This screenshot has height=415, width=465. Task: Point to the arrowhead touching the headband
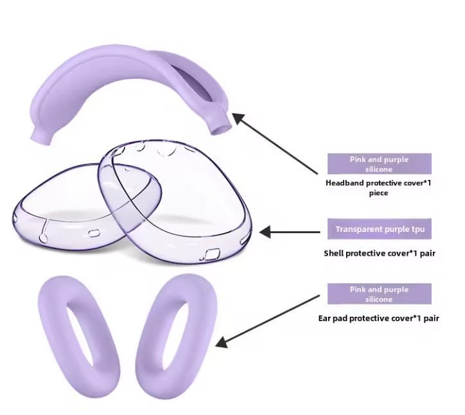coord(238,119)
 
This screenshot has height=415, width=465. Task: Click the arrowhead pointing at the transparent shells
coord(265,232)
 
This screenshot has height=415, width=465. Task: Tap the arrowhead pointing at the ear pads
coord(221,342)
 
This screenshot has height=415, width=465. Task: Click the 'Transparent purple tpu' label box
coord(380,229)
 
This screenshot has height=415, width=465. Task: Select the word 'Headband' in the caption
coord(345,183)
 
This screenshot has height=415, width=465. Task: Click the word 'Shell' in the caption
coord(334,253)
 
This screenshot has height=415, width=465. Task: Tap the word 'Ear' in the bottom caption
coord(324,318)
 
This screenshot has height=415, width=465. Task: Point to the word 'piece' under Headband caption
coord(378,193)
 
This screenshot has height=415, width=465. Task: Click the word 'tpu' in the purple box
coord(418,229)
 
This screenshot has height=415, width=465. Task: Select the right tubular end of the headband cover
coord(220,125)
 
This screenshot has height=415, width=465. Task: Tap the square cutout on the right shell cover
coord(213,254)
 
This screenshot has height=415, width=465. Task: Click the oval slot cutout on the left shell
coord(94,233)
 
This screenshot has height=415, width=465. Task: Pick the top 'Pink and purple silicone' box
coord(380,164)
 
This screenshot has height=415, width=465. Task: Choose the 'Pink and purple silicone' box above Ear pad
coord(380,294)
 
